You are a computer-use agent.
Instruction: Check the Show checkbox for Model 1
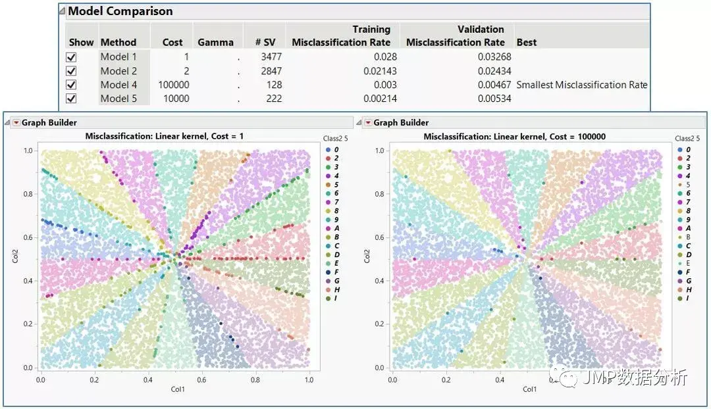click(72, 57)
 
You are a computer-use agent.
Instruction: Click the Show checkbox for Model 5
click(72, 99)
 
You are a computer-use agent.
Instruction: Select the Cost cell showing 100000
click(173, 85)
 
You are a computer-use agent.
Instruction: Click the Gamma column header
click(215, 43)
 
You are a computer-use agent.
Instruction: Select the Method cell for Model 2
click(118, 71)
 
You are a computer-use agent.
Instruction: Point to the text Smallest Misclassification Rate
click(582, 85)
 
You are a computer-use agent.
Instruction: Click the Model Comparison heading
click(120, 11)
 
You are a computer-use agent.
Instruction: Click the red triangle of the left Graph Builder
click(16, 123)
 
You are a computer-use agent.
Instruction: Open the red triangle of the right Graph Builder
click(368, 123)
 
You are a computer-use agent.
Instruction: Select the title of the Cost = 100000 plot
click(515, 137)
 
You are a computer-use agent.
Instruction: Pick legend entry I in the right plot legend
click(689, 299)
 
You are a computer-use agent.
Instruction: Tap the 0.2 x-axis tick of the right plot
click(446, 379)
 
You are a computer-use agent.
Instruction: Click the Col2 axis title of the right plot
click(365, 258)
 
